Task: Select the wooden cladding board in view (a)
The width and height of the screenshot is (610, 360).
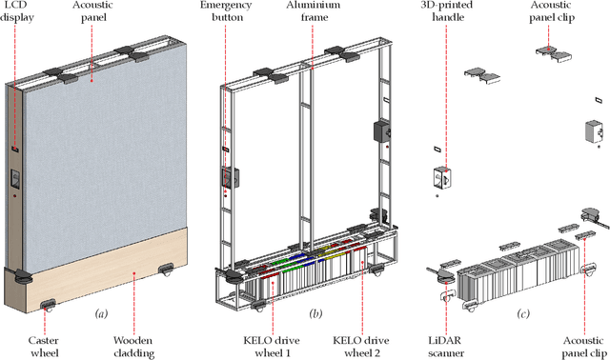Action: point(105,257)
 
